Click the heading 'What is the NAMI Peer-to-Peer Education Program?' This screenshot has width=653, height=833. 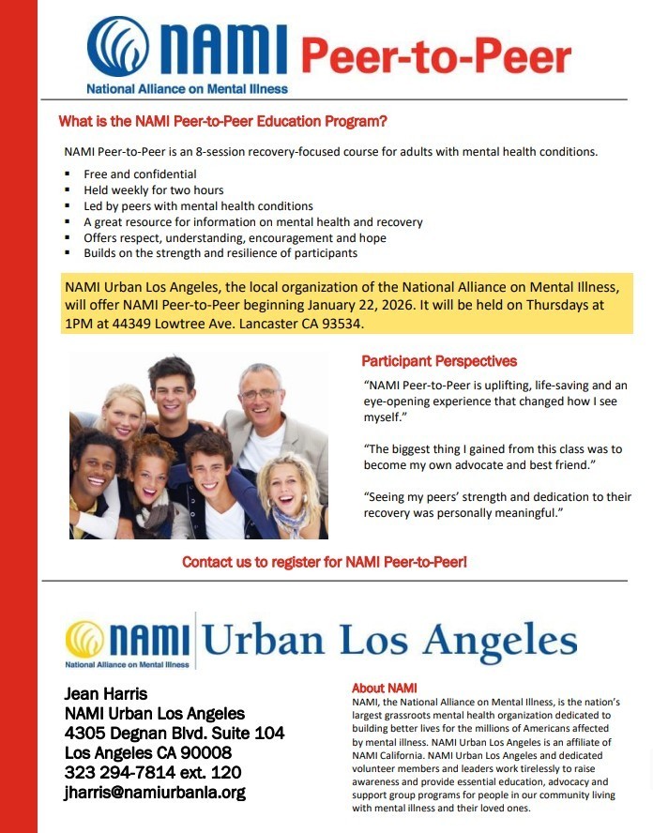pos(222,122)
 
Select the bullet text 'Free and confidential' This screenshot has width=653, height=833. pos(140,174)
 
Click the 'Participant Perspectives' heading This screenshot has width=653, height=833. pos(438,361)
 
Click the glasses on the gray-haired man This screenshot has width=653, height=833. pos(259,393)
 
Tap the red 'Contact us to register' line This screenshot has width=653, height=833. pos(324,562)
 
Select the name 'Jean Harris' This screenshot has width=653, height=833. pos(106,695)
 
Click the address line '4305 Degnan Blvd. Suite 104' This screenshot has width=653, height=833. pos(175,733)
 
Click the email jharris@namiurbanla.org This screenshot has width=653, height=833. pos(155,792)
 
